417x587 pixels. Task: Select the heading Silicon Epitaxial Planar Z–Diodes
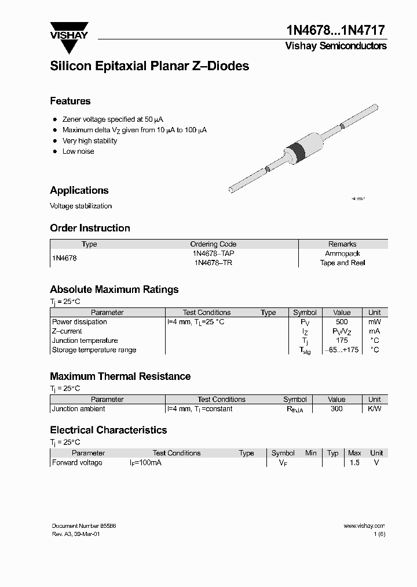click(x=149, y=66)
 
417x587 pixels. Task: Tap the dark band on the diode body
click(x=298, y=151)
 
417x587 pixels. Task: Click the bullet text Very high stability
click(x=90, y=141)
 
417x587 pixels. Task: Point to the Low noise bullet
click(x=78, y=151)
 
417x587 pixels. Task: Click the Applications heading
click(x=79, y=190)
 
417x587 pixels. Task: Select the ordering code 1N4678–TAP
click(x=213, y=253)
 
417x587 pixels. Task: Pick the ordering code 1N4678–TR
click(x=213, y=263)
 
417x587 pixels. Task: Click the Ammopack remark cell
click(x=342, y=253)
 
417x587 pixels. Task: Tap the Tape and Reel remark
click(x=342, y=263)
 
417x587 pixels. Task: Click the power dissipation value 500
click(x=342, y=322)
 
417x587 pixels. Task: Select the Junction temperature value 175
click(x=342, y=340)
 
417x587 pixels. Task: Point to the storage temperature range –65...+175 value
click(x=342, y=350)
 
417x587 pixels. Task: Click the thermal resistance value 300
click(x=336, y=409)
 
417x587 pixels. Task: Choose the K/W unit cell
click(x=375, y=409)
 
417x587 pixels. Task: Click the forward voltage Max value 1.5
click(x=354, y=463)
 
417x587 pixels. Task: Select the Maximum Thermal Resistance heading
click(x=120, y=376)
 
